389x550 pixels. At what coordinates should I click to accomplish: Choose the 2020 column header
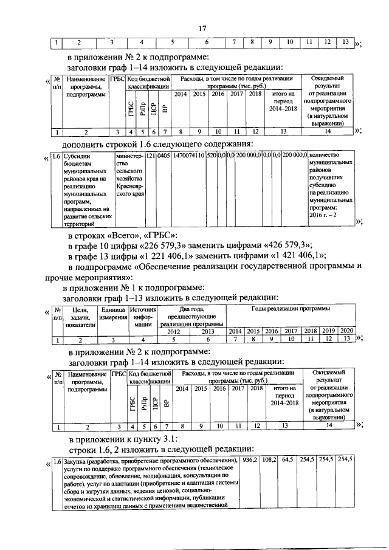(346, 331)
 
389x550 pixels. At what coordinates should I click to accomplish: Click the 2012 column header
(173, 331)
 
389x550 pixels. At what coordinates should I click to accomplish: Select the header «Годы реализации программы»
(290, 309)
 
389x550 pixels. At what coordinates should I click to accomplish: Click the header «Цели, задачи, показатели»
(79, 317)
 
